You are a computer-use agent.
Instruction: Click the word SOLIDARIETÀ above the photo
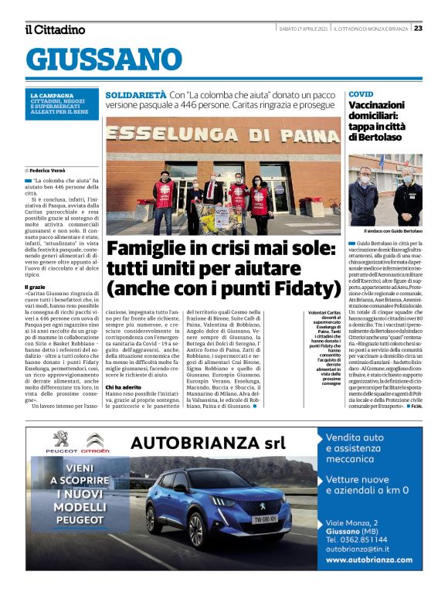click(136, 94)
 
